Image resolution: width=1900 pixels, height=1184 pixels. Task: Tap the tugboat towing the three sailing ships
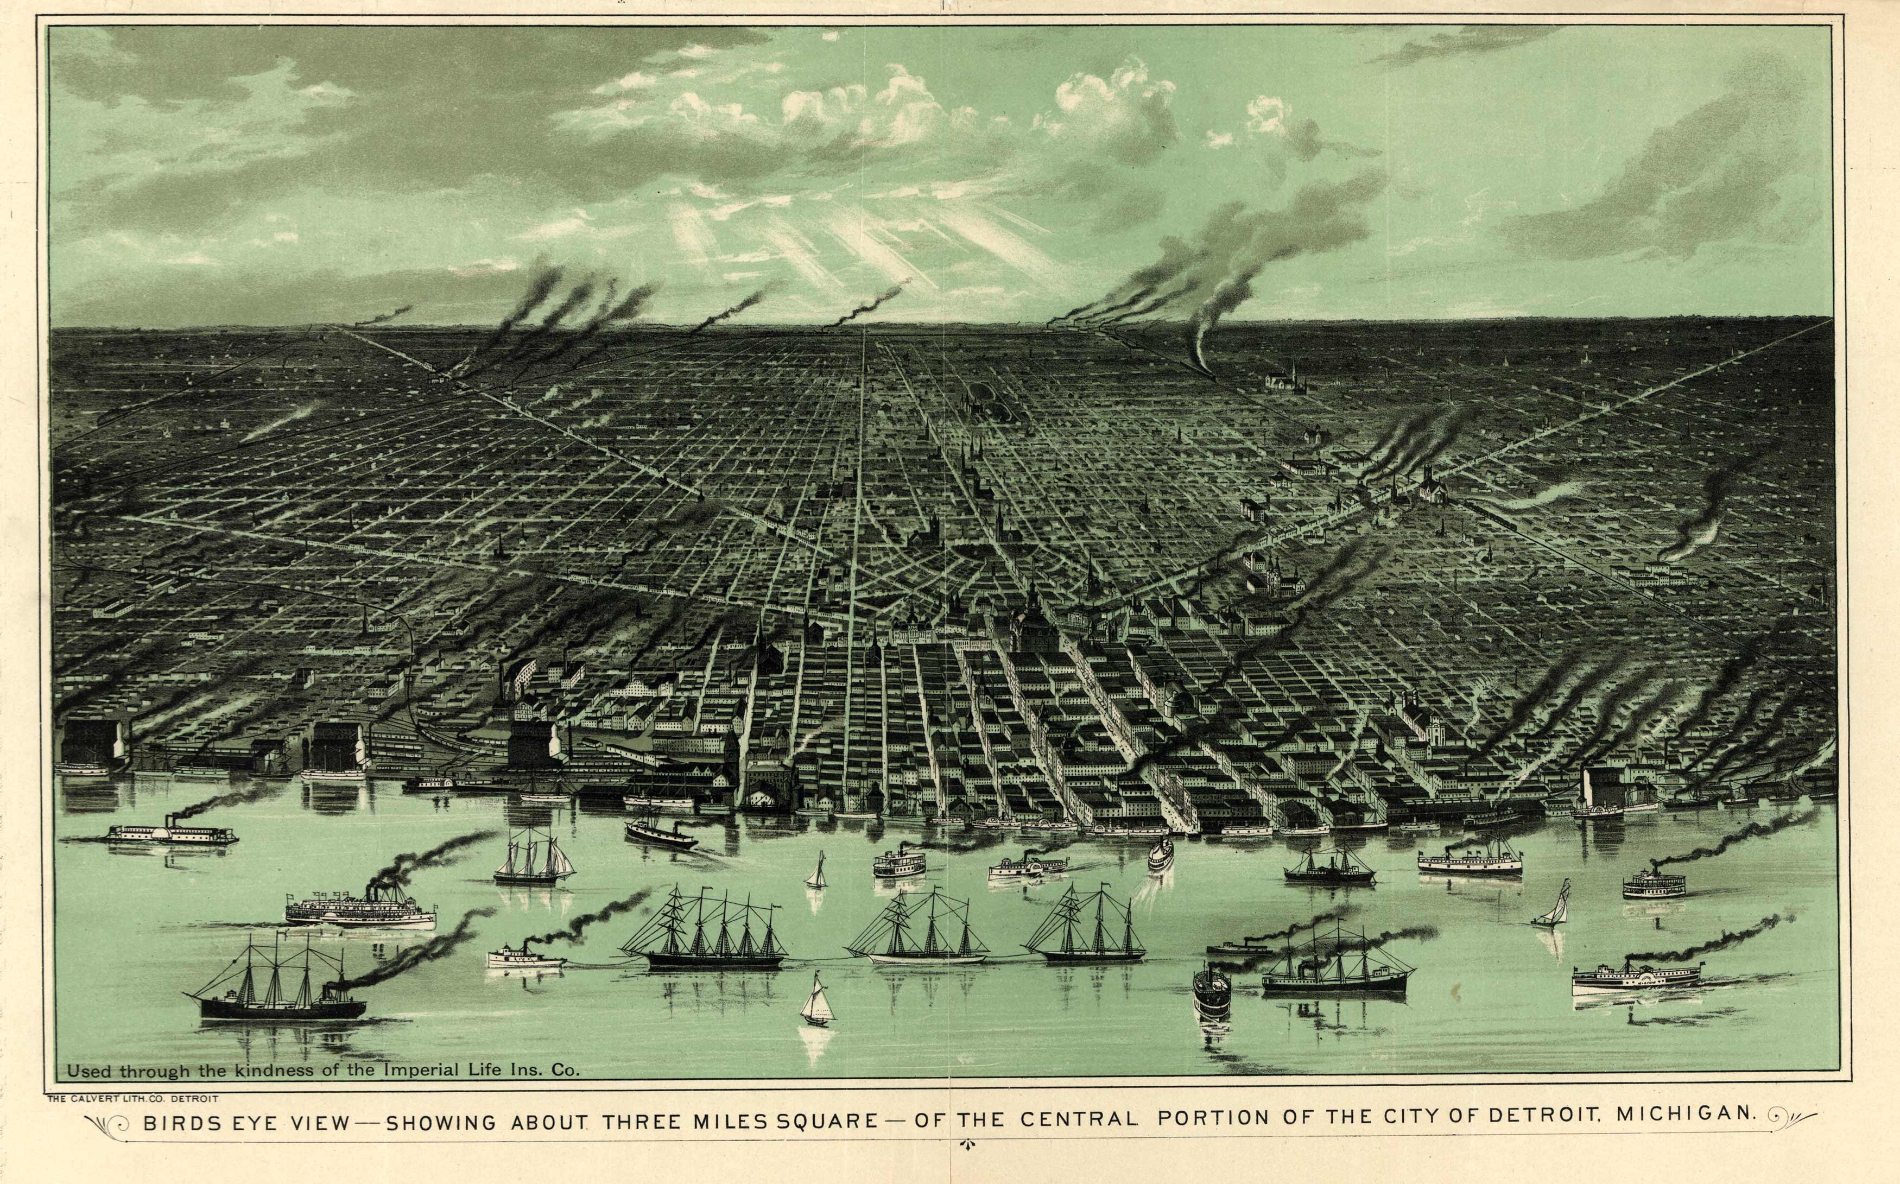524,957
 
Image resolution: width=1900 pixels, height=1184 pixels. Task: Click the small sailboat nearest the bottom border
816,1002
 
